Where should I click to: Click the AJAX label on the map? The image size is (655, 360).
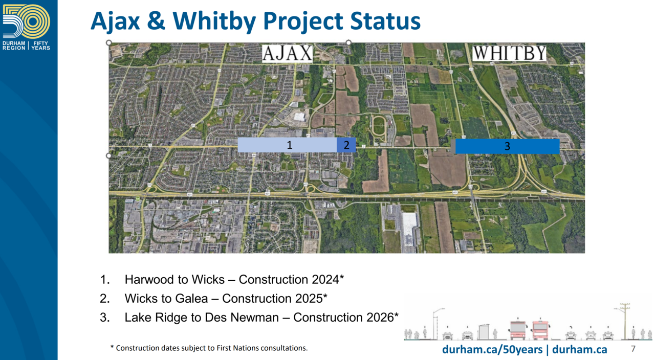287,54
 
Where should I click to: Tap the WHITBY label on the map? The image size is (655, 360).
509,53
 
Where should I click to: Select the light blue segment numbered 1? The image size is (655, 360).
287,145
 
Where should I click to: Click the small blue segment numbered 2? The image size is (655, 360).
346,145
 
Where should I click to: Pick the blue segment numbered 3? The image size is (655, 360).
507,146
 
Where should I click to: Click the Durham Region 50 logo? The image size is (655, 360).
26,27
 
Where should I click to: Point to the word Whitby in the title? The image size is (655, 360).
214,21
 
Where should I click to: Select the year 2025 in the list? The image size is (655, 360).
309,298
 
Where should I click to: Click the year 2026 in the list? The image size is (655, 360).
380,318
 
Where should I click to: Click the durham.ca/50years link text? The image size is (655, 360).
492,349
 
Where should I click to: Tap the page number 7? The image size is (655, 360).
633,349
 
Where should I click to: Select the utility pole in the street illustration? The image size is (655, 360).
625,321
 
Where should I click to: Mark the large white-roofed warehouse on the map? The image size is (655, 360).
409,231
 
